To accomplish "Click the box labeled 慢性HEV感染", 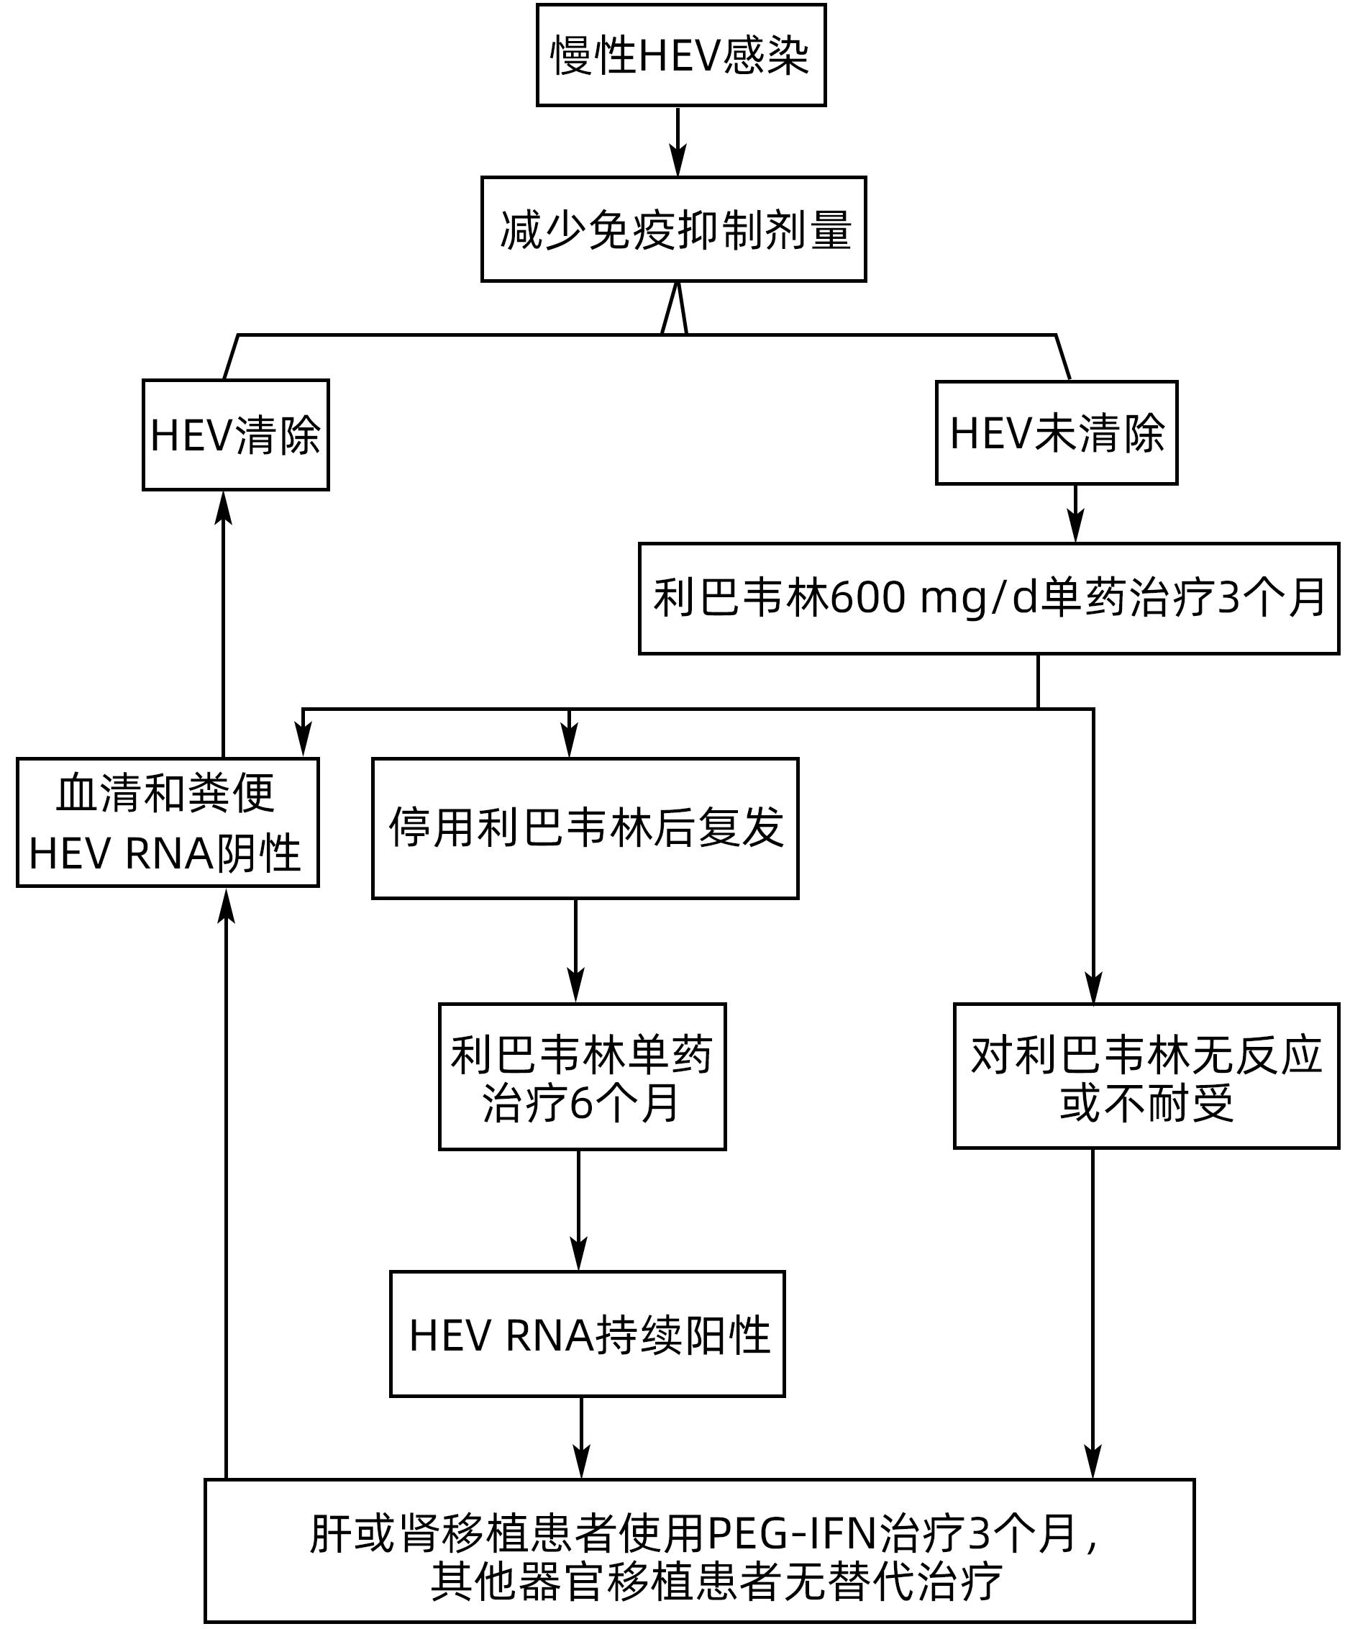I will pyautogui.click(x=681, y=55).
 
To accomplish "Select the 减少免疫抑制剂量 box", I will pyautogui.click(x=673, y=229).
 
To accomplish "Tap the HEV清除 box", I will pyautogui.click(x=236, y=435).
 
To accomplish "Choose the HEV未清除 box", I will pyautogui.click(x=1056, y=433).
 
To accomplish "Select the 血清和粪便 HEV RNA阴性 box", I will pyautogui.click(x=168, y=822).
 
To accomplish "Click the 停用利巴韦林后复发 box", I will pyautogui.click(x=585, y=827).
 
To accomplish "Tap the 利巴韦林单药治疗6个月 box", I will pyautogui.click(x=582, y=1076).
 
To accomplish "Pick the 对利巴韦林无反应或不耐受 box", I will pyautogui.click(x=1146, y=1076).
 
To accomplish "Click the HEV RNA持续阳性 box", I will pyautogui.click(x=587, y=1335).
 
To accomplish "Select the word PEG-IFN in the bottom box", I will pyautogui.click(x=791, y=1533).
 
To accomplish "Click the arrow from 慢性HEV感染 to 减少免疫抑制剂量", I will pyautogui.click(x=678, y=141).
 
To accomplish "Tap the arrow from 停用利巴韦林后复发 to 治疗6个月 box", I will pyautogui.click(x=575, y=951).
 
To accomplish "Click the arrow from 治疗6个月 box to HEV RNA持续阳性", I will pyautogui.click(x=578, y=1210).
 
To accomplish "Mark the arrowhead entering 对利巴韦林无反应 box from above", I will pyautogui.click(x=1093, y=991).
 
